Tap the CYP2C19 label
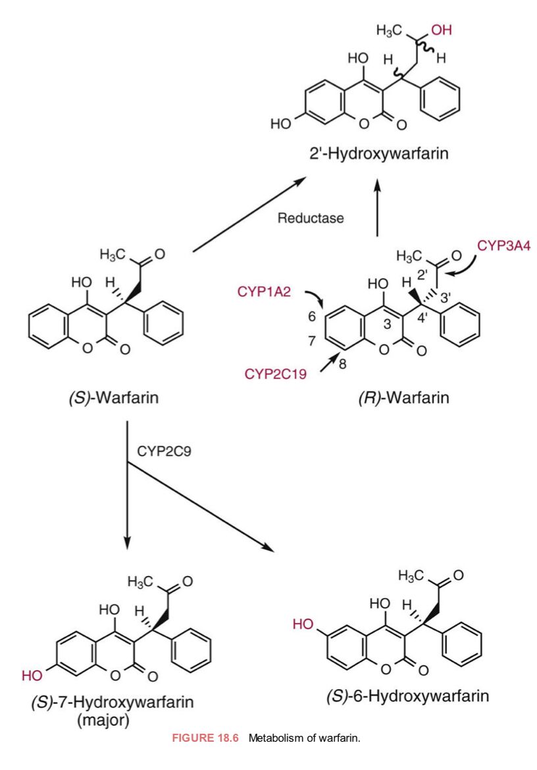coord(276,375)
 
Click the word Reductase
coord(311,218)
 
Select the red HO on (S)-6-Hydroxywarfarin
coord(303,624)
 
